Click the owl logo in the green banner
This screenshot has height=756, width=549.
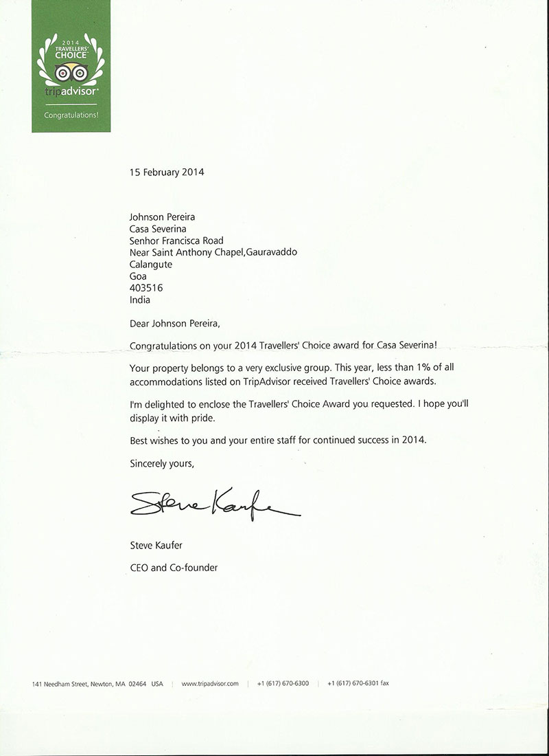point(71,71)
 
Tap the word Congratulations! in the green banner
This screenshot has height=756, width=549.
point(71,115)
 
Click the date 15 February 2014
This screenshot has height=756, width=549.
point(167,173)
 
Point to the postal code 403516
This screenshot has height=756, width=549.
point(146,288)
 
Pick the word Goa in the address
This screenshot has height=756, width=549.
point(138,276)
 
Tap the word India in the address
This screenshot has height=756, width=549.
point(140,300)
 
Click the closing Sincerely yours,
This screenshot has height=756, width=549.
point(162,464)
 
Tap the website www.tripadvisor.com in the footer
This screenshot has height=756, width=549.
point(210,684)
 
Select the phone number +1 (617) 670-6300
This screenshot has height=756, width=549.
point(283,684)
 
